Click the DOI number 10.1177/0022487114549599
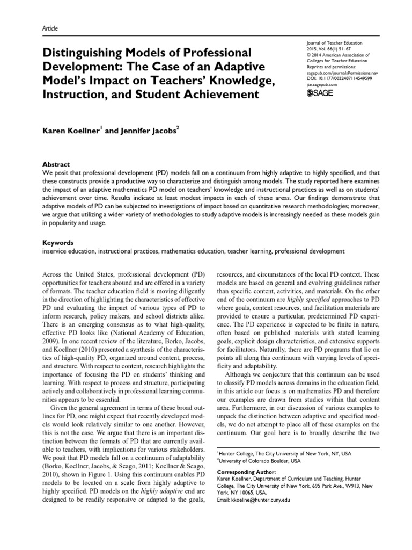click(x=339, y=78)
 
